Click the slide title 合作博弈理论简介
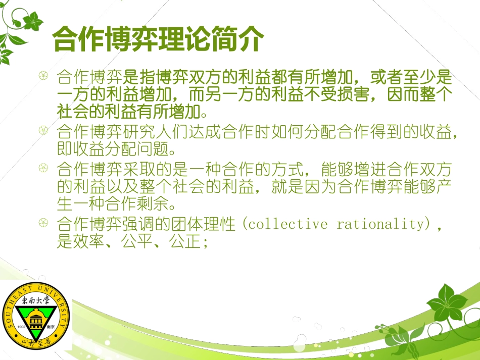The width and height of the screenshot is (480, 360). [158, 39]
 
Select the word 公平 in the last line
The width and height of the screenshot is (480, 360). [137, 242]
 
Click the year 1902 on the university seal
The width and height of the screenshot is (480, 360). [21, 327]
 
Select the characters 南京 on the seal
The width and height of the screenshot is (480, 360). [50, 327]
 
